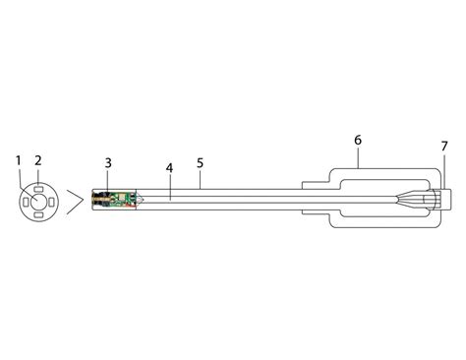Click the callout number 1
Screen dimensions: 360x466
(x=19, y=159)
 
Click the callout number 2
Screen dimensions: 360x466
(x=38, y=159)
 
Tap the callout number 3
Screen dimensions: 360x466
(x=107, y=161)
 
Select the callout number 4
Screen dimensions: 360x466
(x=169, y=168)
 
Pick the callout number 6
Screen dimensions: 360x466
(x=357, y=141)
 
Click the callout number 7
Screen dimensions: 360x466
(x=443, y=146)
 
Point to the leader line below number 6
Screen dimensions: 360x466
(x=357, y=158)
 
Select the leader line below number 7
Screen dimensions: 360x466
(x=443, y=169)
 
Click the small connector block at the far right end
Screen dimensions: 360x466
(x=444, y=200)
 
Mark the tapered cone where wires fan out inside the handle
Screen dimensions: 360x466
(x=413, y=200)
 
